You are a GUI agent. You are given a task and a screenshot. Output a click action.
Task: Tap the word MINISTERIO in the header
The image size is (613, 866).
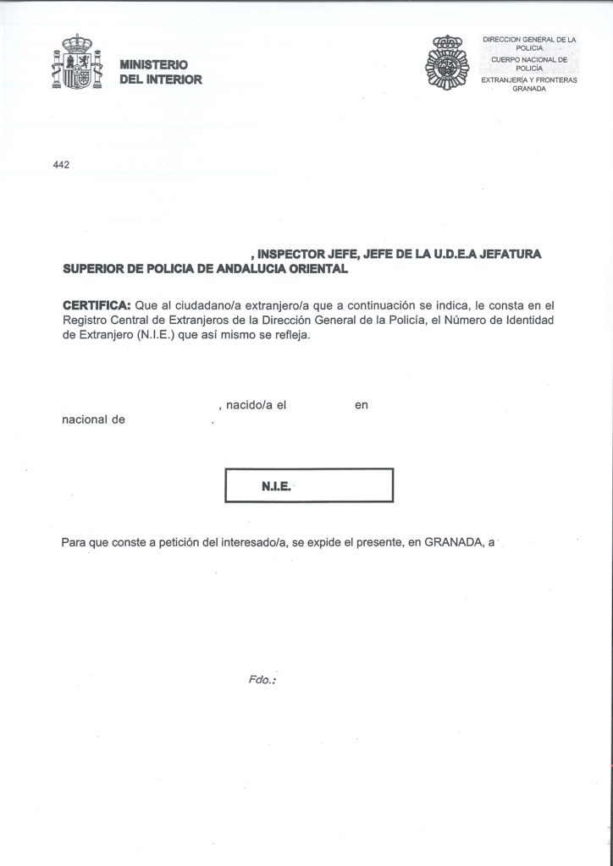coord(154,65)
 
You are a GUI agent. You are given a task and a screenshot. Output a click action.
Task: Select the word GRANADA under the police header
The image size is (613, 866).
coord(527,89)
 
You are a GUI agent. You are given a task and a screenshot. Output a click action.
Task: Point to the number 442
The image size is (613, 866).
coord(60,166)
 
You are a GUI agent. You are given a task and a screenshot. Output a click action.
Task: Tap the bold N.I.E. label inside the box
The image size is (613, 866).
coord(277,487)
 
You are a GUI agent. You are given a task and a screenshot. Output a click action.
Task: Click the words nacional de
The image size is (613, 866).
coord(94,419)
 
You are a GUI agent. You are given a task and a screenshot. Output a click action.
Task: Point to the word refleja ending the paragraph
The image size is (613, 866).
coord(293,334)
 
